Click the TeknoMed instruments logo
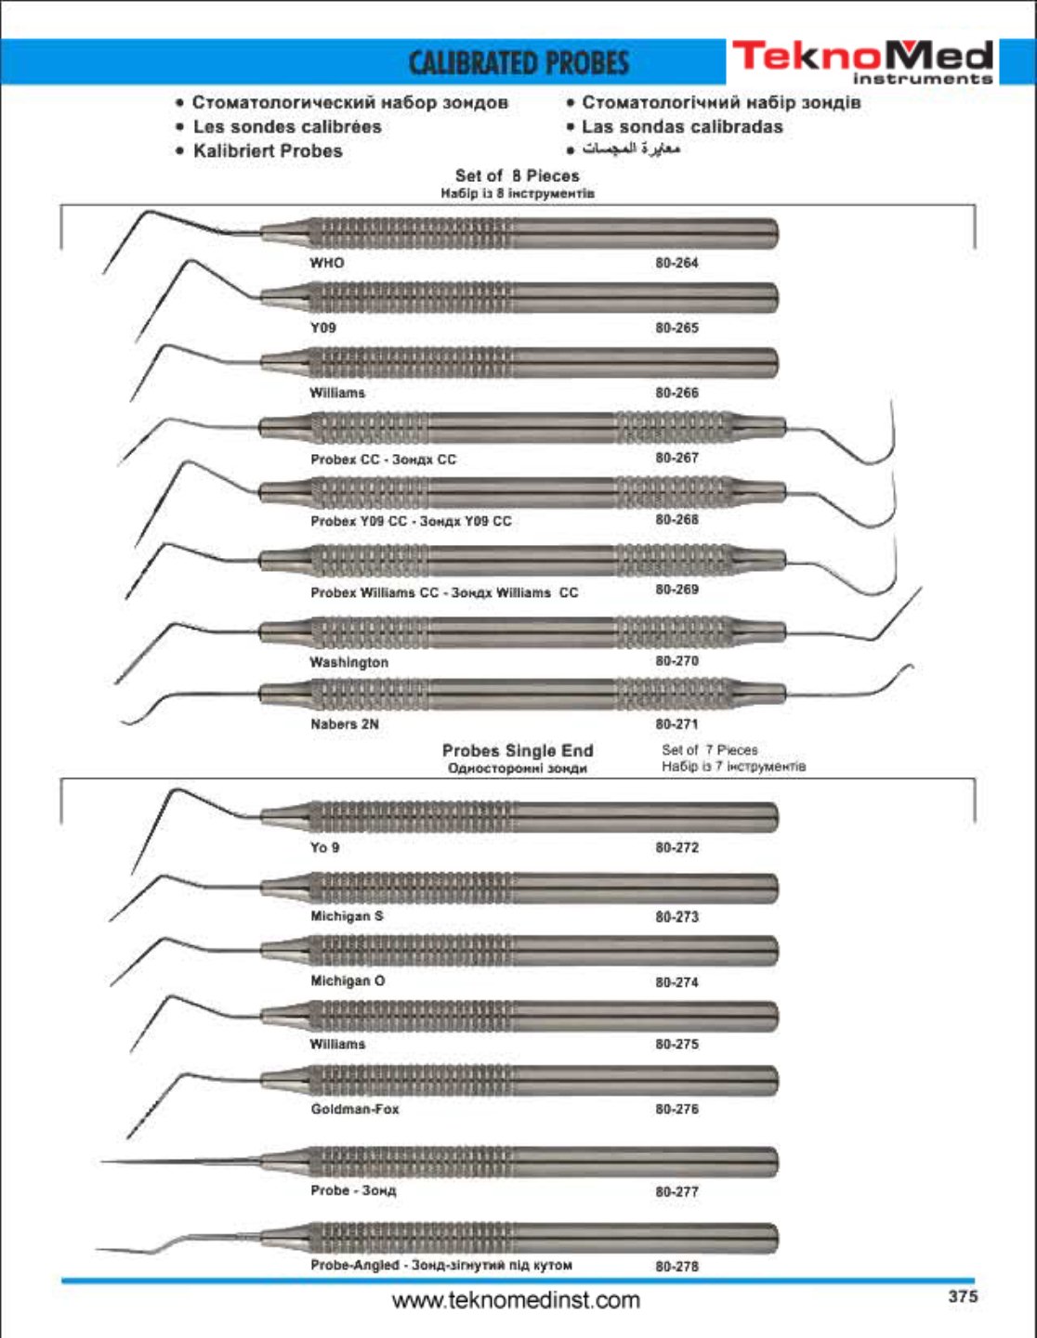pos(862,61)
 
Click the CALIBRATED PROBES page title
pos(518,63)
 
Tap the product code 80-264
pos(676,263)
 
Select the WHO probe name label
pos(326,263)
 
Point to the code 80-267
pos(676,458)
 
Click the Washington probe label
pos(348,662)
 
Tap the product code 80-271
pos(676,724)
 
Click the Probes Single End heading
pos(517,750)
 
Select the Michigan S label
pos(347,916)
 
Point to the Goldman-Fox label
pos(355,1110)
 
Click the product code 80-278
pos(676,1267)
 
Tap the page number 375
pos(963,1296)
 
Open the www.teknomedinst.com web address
pos(516,1300)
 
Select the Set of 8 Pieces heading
pos(517,175)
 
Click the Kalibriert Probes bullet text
pos(268,150)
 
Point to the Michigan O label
pos(348,981)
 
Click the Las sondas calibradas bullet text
pos(682,126)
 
